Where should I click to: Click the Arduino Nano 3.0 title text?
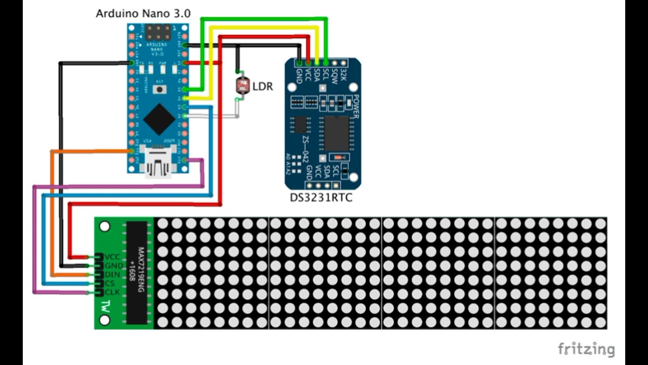[x=143, y=14]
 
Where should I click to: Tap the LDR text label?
[x=263, y=87]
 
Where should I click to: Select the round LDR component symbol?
[x=242, y=85]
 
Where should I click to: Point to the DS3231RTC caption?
[x=321, y=198]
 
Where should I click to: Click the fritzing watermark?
[x=586, y=349]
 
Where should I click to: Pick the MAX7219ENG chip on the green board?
[x=136, y=272]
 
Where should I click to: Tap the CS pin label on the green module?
[x=109, y=283]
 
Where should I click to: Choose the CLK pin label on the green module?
[x=111, y=293]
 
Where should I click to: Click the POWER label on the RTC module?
[x=356, y=106]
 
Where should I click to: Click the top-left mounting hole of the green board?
[x=105, y=226]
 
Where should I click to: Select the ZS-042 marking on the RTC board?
[x=306, y=148]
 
